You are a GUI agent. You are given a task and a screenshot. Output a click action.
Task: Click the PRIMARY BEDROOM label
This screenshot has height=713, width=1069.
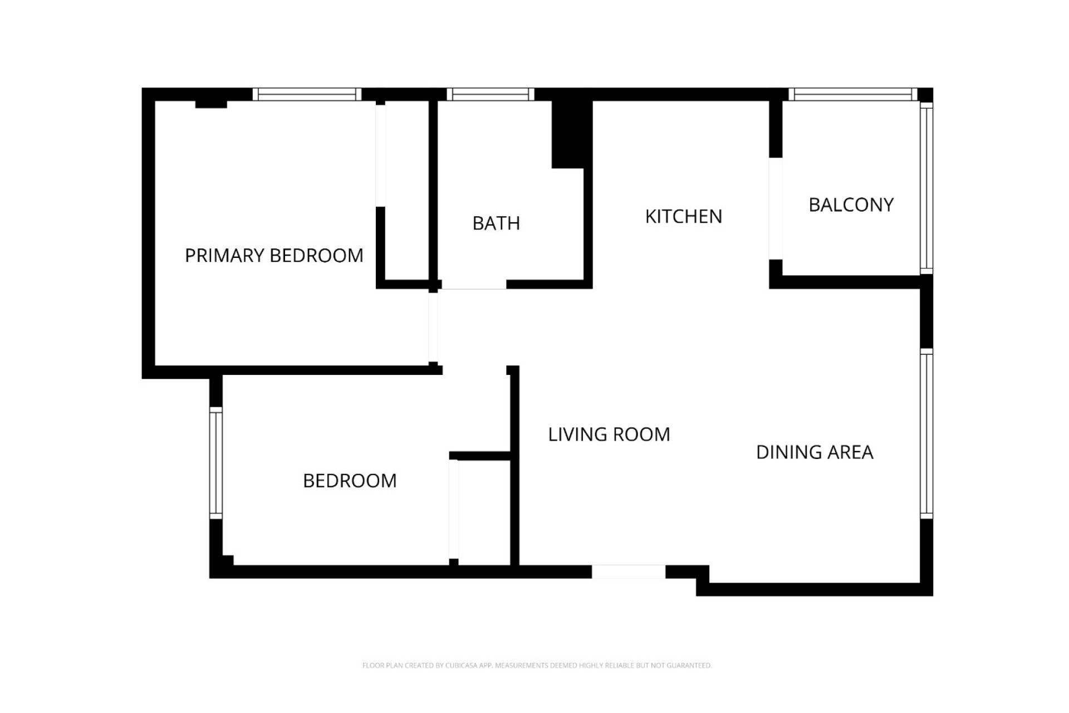click(x=273, y=256)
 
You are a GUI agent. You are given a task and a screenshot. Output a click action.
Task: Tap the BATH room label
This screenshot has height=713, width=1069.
click(x=496, y=223)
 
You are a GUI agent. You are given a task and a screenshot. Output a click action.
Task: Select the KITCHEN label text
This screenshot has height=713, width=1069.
click(x=683, y=217)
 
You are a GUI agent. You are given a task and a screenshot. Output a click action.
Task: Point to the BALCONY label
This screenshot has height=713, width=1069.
click(x=851, y=205)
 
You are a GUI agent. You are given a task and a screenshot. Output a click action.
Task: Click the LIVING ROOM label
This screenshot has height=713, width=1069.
click(x=609, y=434)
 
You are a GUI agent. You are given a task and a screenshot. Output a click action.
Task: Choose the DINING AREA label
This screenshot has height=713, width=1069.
click(x=814, y=452)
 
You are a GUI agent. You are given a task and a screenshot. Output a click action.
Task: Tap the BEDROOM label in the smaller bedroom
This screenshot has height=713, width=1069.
click(x=350, y=481)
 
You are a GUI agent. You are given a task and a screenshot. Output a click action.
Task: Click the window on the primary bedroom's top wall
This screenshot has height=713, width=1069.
click(x=307, y=95)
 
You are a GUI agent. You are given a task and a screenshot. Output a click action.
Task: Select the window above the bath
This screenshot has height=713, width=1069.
click(x=490, y=95)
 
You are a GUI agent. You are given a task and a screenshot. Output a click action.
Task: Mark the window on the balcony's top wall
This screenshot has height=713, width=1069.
click(x=852, y=95)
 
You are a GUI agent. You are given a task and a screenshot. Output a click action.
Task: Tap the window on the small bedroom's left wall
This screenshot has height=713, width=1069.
click(x=216, y=463)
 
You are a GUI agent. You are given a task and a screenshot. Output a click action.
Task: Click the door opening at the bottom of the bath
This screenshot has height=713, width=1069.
click(x=474, y=285)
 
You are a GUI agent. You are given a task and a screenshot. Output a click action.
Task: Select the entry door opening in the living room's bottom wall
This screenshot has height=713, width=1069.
click(x=628, y=572)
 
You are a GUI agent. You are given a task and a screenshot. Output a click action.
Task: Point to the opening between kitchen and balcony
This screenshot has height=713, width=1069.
click(x=776, y=208)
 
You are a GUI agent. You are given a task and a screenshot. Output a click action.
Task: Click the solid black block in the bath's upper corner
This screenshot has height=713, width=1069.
click(x=571, y=134)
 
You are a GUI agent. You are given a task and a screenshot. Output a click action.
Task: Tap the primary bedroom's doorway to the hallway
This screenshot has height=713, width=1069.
click(x=433, y=328)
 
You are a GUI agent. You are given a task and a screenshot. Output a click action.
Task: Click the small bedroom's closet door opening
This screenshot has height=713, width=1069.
click(x=454, y=509)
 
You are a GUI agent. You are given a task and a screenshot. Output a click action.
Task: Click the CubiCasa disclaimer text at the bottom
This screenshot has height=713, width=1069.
click(x=537, y=665)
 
